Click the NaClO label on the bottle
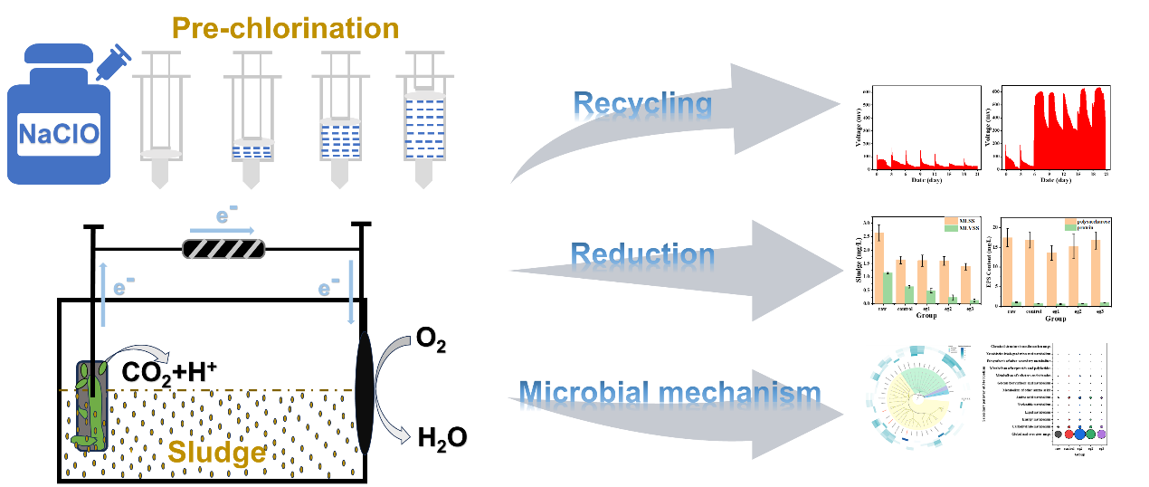pos(60,137)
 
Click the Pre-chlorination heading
pos(285,28)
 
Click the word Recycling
pos(643,106)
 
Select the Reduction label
pos(642,255)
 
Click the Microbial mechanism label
pos(670,393)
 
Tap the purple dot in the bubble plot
pos(1101,434)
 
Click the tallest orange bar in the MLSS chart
pos(878,268)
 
